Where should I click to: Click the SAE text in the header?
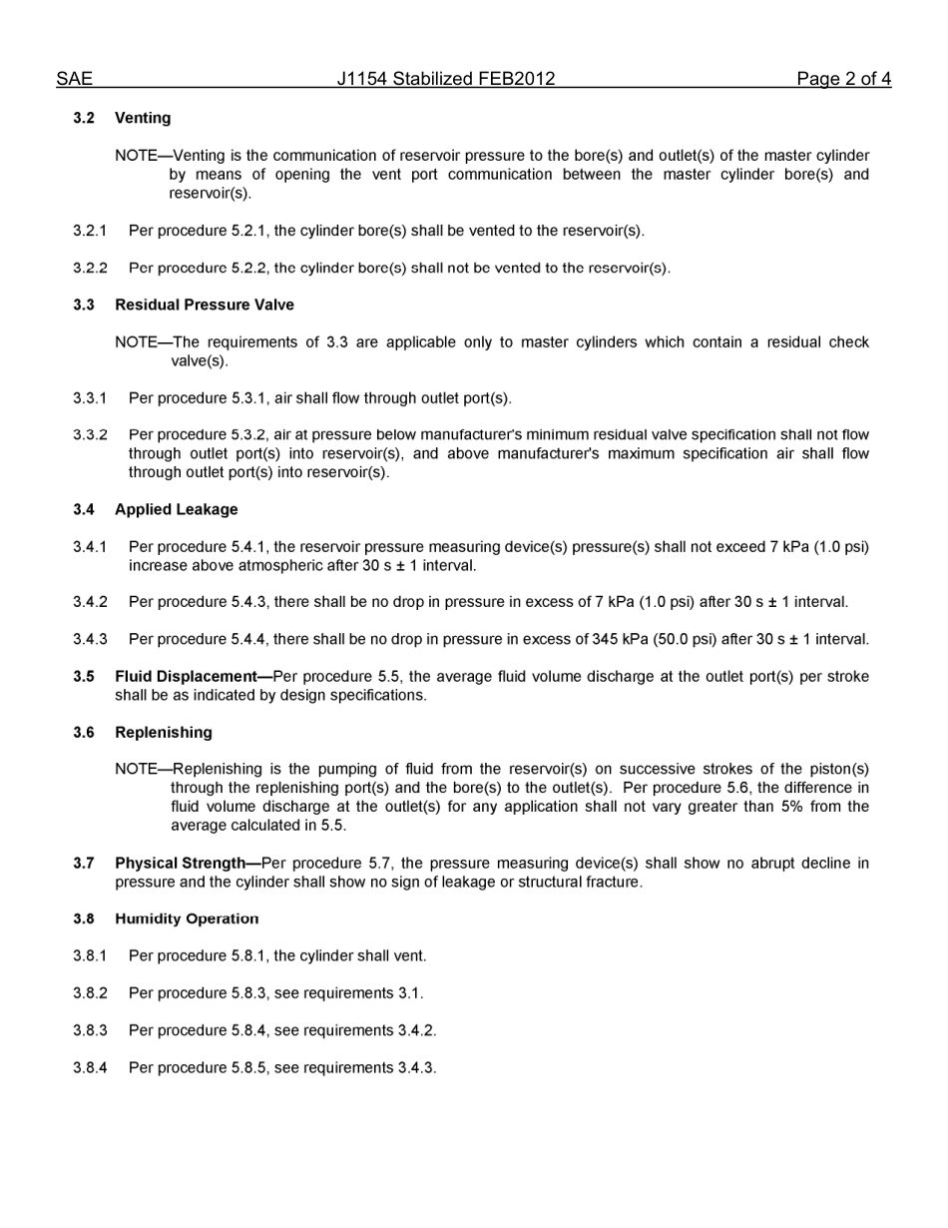point(74,79)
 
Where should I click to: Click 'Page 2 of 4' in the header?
point(843,79)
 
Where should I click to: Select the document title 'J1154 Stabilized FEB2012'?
point(445,79)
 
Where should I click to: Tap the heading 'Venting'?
point(143,118)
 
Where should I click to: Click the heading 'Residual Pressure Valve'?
point(204,305)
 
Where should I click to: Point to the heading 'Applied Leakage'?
point(176,509)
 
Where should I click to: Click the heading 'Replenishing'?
point(163,733)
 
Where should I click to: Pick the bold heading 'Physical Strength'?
point(180,864)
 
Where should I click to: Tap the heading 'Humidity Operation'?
point(186,920)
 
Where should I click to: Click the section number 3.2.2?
point(90,268)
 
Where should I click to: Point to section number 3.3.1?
point(90,398)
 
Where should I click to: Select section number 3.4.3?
point(90,639)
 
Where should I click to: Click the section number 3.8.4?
point(90,1068)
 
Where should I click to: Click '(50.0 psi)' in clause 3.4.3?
point(685,639)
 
